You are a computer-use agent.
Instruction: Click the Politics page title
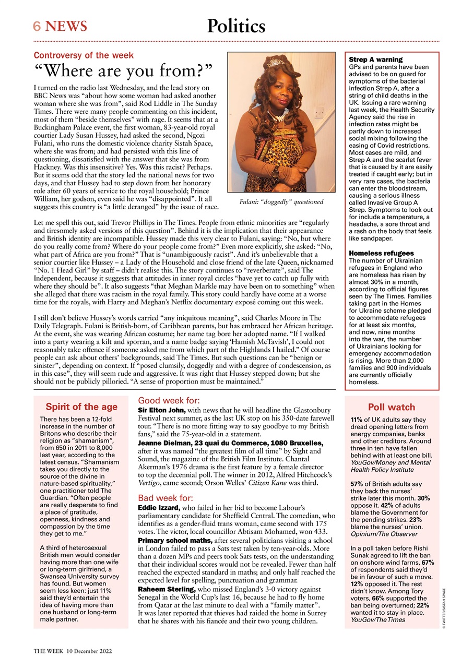click(x=236, y=26)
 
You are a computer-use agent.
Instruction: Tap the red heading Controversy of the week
click(x=84, y=55)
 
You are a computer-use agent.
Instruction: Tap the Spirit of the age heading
click(x=81, y=407)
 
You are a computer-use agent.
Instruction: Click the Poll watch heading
click(x=392, y=407)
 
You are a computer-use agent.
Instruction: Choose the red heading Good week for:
click(x=168, y=401)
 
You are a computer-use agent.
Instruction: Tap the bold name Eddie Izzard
click(x=159, y=507)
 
